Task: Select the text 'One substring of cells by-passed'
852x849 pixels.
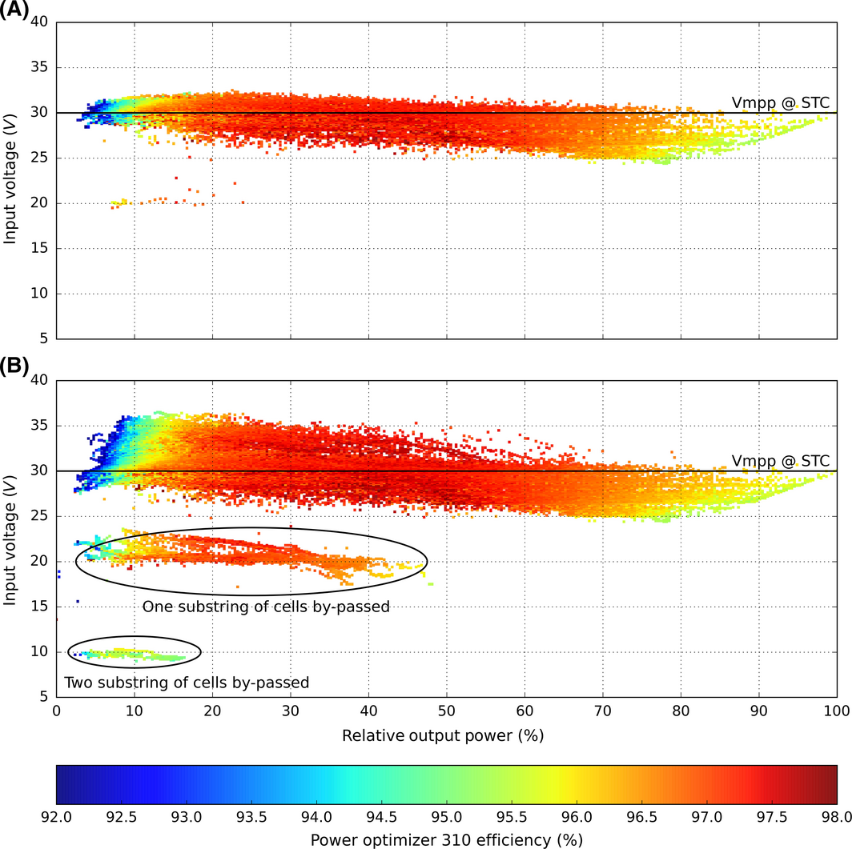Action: (x=266, y=607)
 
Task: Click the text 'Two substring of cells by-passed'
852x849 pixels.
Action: (x=187, y=683)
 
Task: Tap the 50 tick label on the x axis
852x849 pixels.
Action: (x=446, y=711)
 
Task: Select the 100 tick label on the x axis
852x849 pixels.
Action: (x=836, y=711)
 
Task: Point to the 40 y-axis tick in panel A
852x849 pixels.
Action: (x=39, y=22)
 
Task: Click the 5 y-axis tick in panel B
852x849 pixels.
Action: (x=43, y=696)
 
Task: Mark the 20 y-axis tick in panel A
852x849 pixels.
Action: (x=39, y=203)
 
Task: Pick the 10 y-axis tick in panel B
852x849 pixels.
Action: (x=39, y=651)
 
